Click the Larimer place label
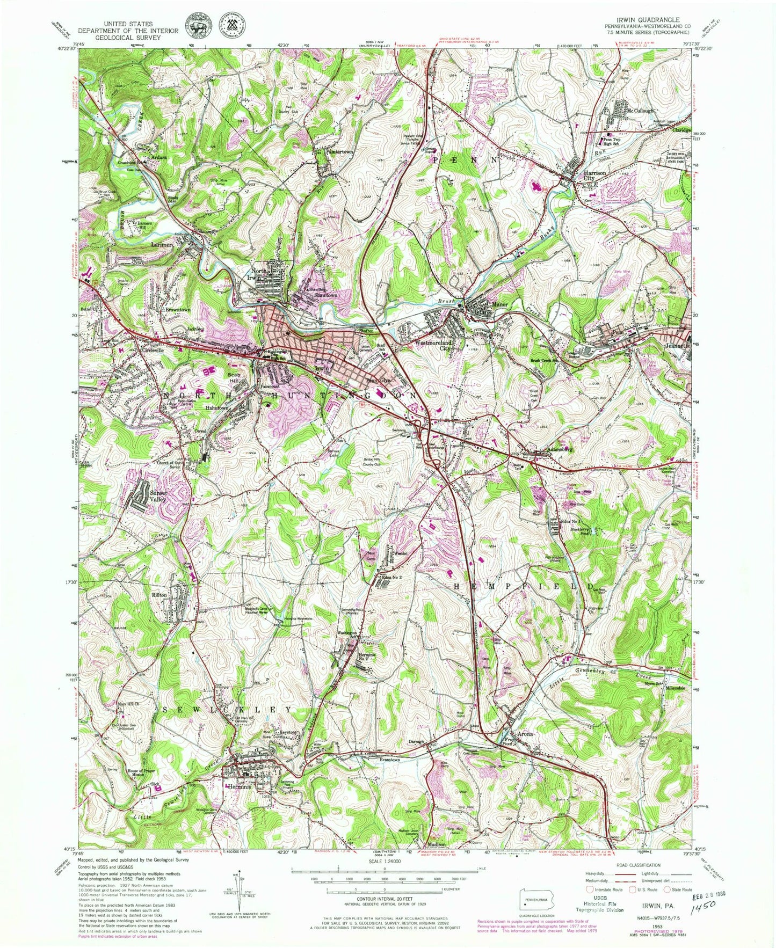tap(160, 245)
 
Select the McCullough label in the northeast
tap(641, 111)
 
